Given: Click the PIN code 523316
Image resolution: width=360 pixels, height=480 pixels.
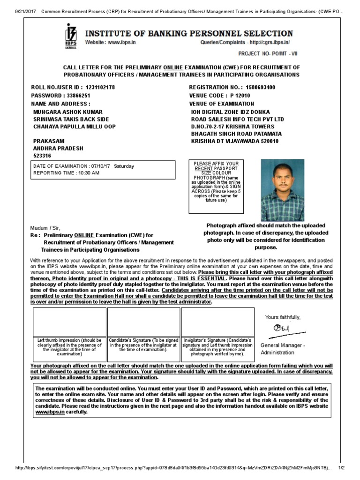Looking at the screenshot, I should click(42, 156).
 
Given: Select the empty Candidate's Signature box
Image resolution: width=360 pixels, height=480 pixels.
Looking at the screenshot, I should click(143, 322).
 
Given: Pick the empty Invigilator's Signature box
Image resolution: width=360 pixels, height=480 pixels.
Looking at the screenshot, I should click(217, 322).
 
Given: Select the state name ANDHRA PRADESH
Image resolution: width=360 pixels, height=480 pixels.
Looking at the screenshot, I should click(58, 148).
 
